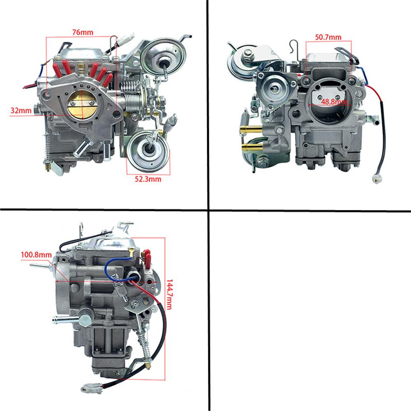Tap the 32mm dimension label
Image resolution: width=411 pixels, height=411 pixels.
click(x=21, y=110)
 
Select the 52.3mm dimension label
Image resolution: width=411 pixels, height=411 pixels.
click(x=148, y=179)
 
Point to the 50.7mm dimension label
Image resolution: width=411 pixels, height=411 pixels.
click(x=328, y=37)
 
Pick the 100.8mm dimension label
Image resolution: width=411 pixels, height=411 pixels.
click(x=36, y=255)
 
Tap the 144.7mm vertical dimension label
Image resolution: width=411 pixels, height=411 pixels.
click(x=170, y=295)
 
